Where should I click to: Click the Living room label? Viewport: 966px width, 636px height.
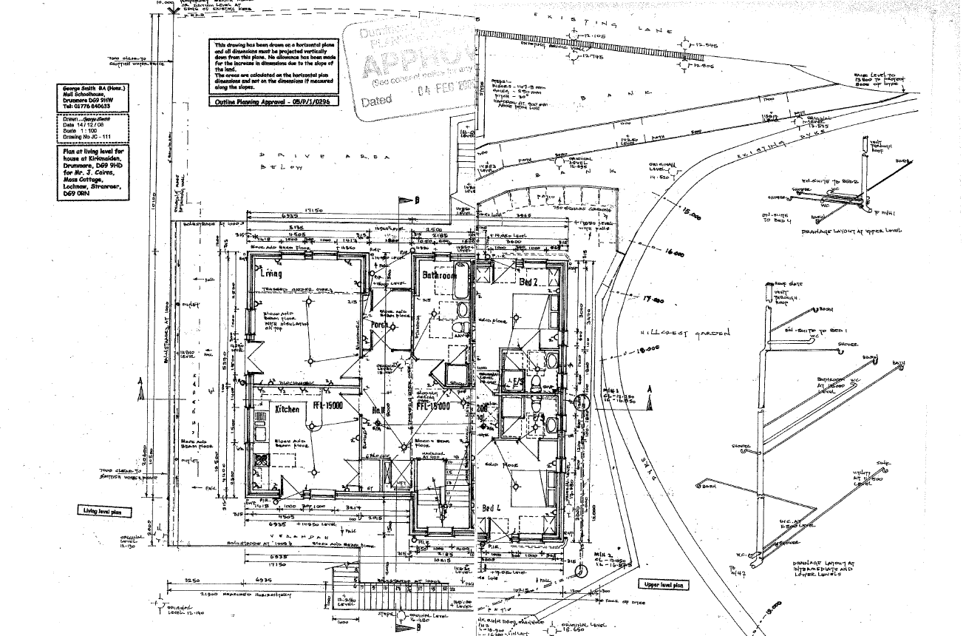click(271, 274)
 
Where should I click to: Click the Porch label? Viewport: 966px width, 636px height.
click(380, 325)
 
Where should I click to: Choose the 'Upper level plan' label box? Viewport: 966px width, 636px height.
click(664, 585)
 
